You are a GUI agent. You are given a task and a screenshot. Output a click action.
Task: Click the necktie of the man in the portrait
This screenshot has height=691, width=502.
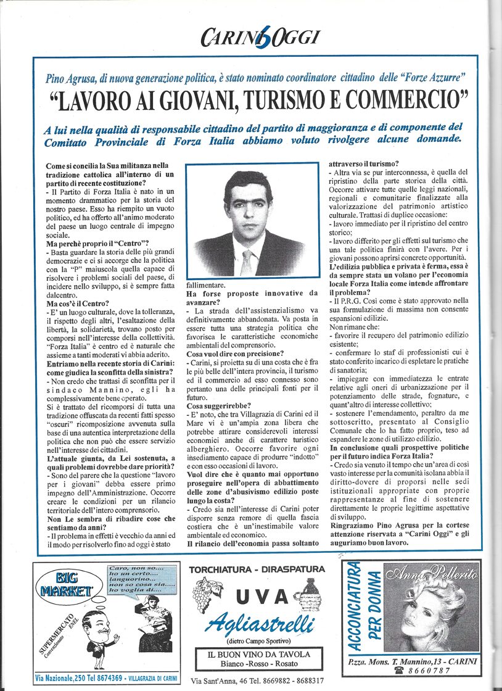[x=247, y=261]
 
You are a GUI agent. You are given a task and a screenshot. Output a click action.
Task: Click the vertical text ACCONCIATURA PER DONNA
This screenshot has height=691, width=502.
[x=364, y=607]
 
